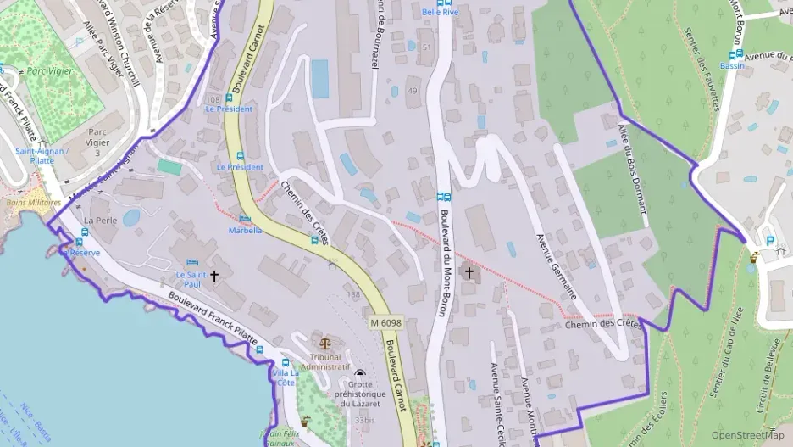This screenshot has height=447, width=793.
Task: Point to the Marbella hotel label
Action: [245, 230]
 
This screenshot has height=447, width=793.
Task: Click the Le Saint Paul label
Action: [191, 279]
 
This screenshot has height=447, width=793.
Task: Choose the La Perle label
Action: [100, 220]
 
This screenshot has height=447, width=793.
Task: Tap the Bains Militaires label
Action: [27, 203]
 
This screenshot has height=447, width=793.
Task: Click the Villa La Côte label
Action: [285, 377]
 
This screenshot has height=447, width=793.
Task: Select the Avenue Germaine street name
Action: [557, 267]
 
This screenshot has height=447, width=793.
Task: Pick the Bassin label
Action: [733, 65]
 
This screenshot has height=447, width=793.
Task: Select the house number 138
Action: [353, 294]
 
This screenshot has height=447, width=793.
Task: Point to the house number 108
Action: [212, 99]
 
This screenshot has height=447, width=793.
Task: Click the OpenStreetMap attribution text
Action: [747, 435]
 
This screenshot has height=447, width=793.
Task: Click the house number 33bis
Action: [365, 419]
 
